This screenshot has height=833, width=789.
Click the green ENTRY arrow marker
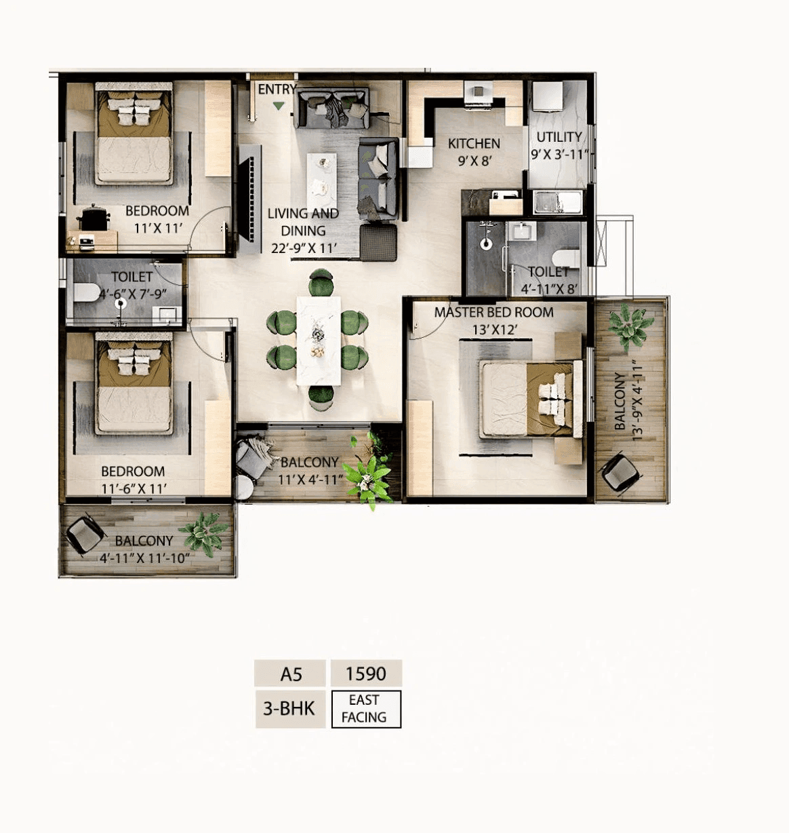click(x=279, y=106)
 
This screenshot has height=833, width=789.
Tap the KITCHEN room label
click(x=474, y=144)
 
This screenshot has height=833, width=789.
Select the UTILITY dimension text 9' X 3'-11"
click(x=559, y=155)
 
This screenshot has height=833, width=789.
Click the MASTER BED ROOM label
click(x=493, y=313)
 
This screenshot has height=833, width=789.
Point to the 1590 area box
click(x=366, y=674)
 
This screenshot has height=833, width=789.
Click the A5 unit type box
click(x=291, y=674)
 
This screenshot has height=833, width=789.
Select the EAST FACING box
click(x=366, y=709)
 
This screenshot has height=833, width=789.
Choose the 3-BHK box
click(x=289, y=709)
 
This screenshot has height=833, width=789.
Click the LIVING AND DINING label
click(x=303, y=222)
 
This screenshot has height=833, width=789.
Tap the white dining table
click(x=319, y=341)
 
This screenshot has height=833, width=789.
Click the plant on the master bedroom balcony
click(x=630, y=324)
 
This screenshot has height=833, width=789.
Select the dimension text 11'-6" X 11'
click(x=134, y=488)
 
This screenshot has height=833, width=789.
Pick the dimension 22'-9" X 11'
click(x=304, y=248)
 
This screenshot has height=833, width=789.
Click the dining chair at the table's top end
click(x=321, y=282)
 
